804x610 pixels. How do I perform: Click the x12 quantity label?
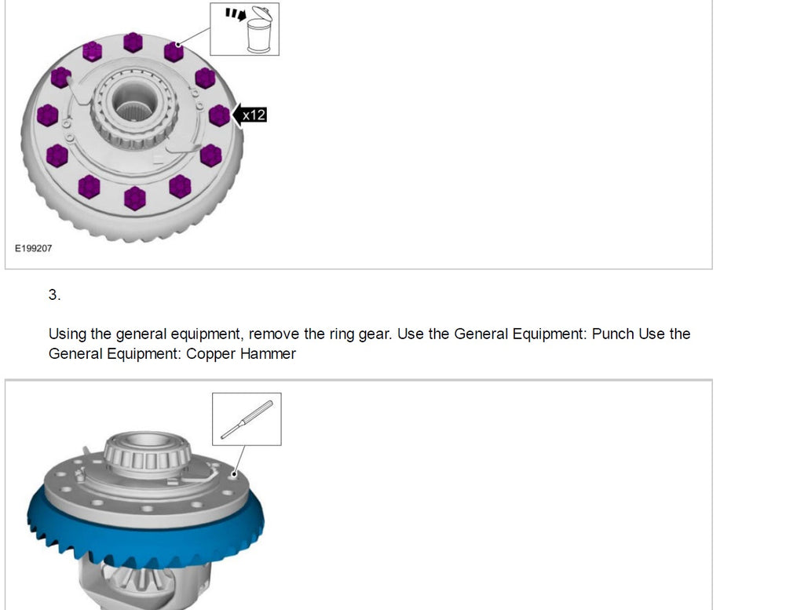coord(254,115)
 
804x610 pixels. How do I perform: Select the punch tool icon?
coord(247,420)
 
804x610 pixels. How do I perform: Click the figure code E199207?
coord(33,248)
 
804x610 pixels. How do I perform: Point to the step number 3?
coord(54,294)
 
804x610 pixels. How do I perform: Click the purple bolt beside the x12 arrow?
coord(220,115)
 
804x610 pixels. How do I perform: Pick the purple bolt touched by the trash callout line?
coord(174,52)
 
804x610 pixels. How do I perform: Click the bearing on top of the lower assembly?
coord(147,454)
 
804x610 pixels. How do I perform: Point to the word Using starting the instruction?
coord(68,334)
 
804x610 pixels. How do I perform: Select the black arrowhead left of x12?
coord(237,115)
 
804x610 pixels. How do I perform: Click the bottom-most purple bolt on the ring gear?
coord(135,199)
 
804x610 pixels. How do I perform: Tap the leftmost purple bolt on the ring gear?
coord(48,115)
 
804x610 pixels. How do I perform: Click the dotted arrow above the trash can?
coord(236,14)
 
